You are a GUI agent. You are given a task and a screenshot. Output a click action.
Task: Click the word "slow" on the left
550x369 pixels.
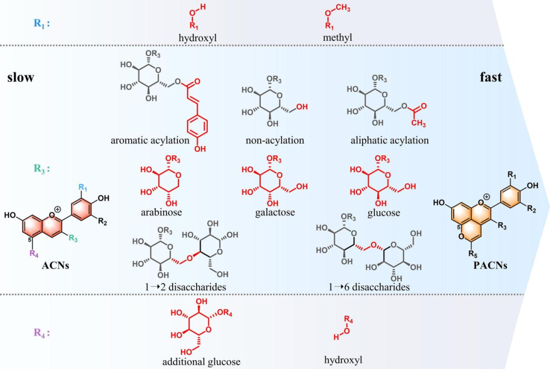click(x=20, y=77)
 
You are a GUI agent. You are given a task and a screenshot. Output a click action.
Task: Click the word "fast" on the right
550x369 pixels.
click(x=490, y=77)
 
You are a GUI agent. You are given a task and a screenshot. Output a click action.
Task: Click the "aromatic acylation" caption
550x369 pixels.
click(x=150, y=140)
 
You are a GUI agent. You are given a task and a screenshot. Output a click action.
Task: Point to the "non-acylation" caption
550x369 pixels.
click(x=274, y=140)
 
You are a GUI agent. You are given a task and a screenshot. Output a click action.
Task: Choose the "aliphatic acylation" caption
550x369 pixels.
click(x=390, y=140)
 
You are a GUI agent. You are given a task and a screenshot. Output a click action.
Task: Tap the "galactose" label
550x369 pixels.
click(x=275, y=212)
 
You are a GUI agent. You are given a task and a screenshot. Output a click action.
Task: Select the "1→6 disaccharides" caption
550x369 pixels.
click(x=369, y=288)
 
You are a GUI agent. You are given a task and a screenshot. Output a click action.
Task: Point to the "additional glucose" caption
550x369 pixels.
click(x=201, y=362)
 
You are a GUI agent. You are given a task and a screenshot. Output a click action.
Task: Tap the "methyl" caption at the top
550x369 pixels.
click(x=337, y=38)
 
